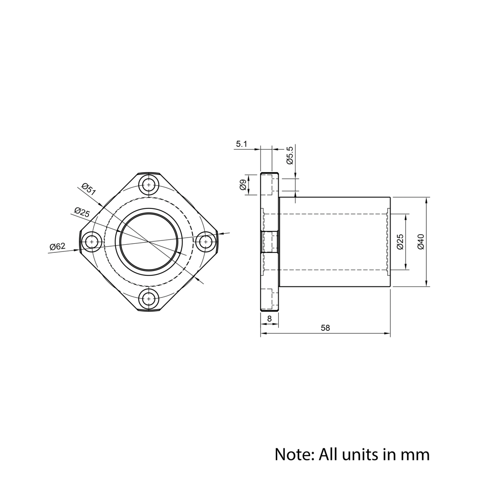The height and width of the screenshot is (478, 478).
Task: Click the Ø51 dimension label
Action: pos(89,189)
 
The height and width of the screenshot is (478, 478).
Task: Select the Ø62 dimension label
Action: pos(57,246)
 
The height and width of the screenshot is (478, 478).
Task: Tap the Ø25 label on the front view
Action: pos(82,212)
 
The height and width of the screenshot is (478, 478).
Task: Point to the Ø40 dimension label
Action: pos(421,242)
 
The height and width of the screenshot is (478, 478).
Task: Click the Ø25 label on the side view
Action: pos(401,242)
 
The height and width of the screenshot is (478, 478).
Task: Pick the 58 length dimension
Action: pos(326,328)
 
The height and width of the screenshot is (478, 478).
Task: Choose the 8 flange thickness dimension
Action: pos(269,318)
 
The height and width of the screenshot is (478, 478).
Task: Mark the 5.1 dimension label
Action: pos(241,144)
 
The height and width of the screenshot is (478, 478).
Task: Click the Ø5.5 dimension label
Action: pos(290,155)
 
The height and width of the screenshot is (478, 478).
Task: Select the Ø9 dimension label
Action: pos(243,185)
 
